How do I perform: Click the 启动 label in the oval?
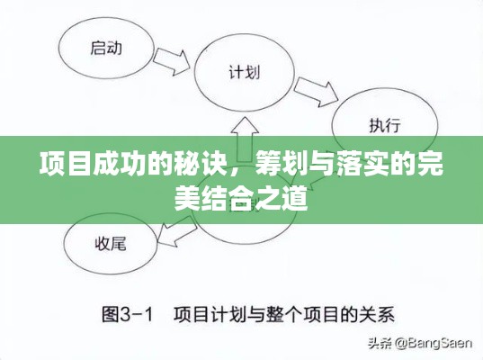click(x=106, y=49)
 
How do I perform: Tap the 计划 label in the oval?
click(x=245, y=72)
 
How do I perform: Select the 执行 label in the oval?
click(x=385, y=125)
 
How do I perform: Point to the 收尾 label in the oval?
click(x=111, y=244)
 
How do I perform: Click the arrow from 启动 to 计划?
click(x=171, y=61)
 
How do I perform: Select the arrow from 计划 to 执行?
click(x=316, y=92)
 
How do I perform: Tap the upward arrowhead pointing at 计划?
click(x=245, y=125)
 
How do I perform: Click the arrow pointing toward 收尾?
click(x=176, y=232)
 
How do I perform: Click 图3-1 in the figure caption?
click(x=127, y=315)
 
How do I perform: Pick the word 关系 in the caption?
click(x=379, y=315)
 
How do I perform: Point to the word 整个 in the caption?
click(x=283, y=315)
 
